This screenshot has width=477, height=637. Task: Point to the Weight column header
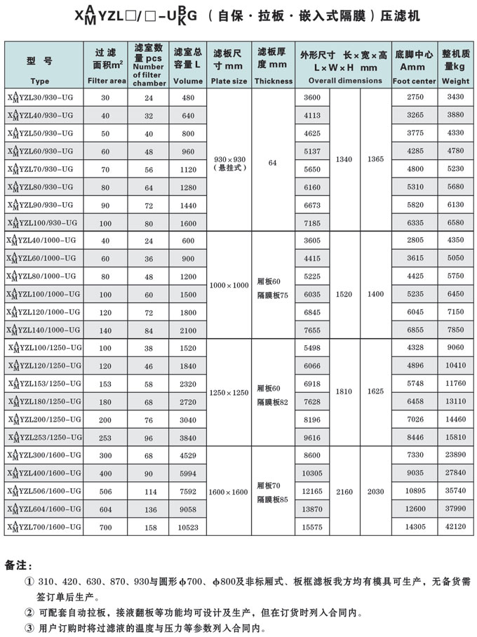(456, 81)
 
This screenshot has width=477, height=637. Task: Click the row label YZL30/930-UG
(39, 97)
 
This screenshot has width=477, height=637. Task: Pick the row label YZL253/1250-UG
(43, 436)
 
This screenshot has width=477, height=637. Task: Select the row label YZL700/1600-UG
(43, 525)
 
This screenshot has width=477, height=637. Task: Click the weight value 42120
(456, 525)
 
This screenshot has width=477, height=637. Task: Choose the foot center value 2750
(415, 97)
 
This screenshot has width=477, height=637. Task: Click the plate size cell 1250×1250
(229, 392)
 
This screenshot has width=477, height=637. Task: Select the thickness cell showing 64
(273, 163)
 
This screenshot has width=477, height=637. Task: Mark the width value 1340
(344, 159)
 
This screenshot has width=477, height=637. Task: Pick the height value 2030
(375, 492)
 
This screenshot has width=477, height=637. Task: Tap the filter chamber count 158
(148, 525)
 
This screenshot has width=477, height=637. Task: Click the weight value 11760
(456, 383)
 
